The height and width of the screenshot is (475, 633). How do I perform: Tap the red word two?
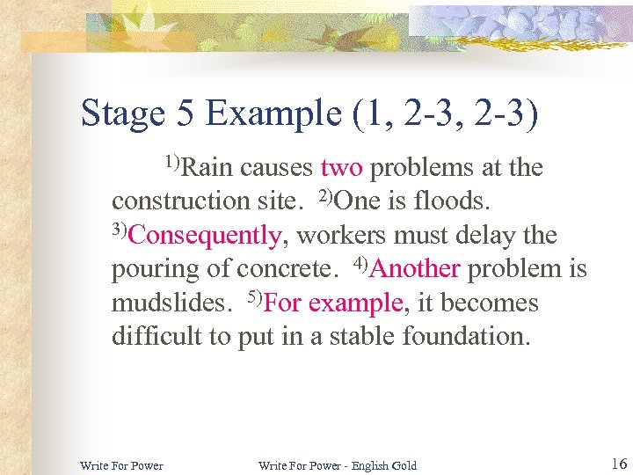pyautogui.click(x=342, y=167)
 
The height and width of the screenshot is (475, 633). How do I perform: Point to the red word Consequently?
pyautogui.click(x=209, y=236)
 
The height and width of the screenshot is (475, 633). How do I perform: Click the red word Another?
pyautogui.click(x=417, y=269)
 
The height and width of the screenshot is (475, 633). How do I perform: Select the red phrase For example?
pyautogui.click(x=333, y=303)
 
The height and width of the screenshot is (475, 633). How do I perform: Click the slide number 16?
pyautogui.click(x=617, y=463)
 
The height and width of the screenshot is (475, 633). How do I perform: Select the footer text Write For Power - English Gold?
pyautogui.click(x=338, y=465)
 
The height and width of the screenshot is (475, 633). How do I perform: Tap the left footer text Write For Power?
pyautogui.click(x=121, y=465)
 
